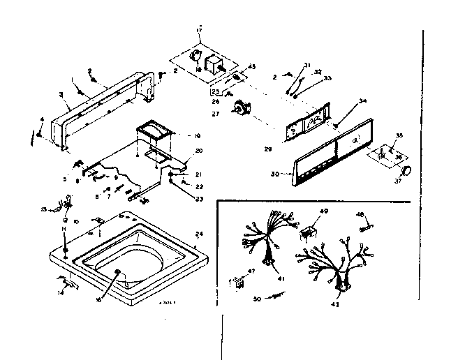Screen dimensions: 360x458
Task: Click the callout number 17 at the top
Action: [199, 31]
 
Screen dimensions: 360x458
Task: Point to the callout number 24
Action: [199, 234]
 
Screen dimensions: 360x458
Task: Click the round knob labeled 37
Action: [406, 172]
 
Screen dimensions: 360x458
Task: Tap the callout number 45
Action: [252, 67]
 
